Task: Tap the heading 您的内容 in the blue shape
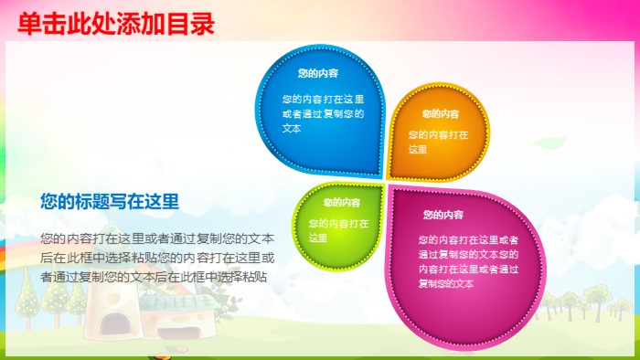pyautogui.click(x=318, y=73)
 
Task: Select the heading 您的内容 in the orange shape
pyautogui.click(x=441, y=114)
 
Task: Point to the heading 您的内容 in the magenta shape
pyautogui.click(x=443, y=216)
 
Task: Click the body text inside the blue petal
pyautogui.click(x=323, y=113)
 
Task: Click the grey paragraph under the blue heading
pyautogui.click(x=156, y=256)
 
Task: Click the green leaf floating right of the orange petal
pyautogui.click(x=551, y=143)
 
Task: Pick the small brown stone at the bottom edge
pyautogui.click(x=181, y=351)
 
